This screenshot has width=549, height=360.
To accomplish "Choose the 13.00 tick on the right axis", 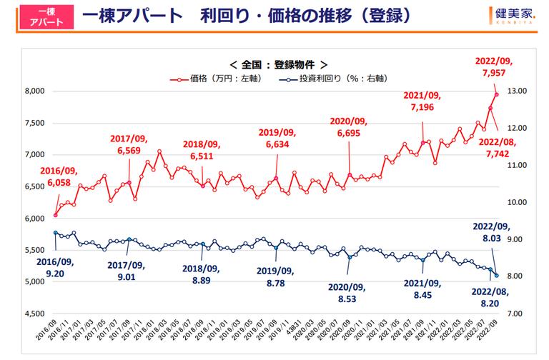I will (x=517, y=91).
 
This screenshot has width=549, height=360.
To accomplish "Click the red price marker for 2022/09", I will (x=497, y=94).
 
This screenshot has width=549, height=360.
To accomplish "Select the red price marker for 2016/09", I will (x=56, y=215).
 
